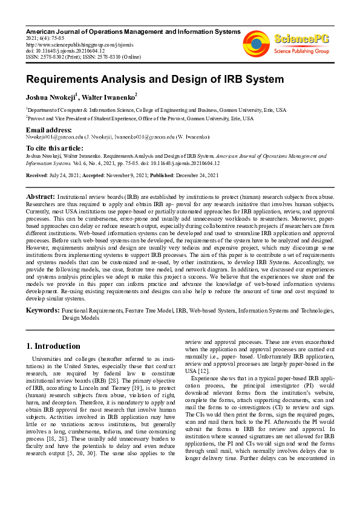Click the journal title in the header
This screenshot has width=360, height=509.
coord(133,31)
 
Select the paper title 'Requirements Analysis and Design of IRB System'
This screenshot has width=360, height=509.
coord(146,79)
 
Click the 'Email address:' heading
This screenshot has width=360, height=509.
coord(48,130)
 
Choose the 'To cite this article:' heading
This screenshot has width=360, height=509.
coord(54,148)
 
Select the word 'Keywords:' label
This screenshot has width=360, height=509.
coord(42,310)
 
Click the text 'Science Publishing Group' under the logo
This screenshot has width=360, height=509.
coord(301,52)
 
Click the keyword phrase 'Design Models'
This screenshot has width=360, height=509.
coord(80,317)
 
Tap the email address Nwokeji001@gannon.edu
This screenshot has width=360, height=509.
coord(51,137)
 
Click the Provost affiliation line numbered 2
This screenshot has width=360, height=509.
coord(139,119)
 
